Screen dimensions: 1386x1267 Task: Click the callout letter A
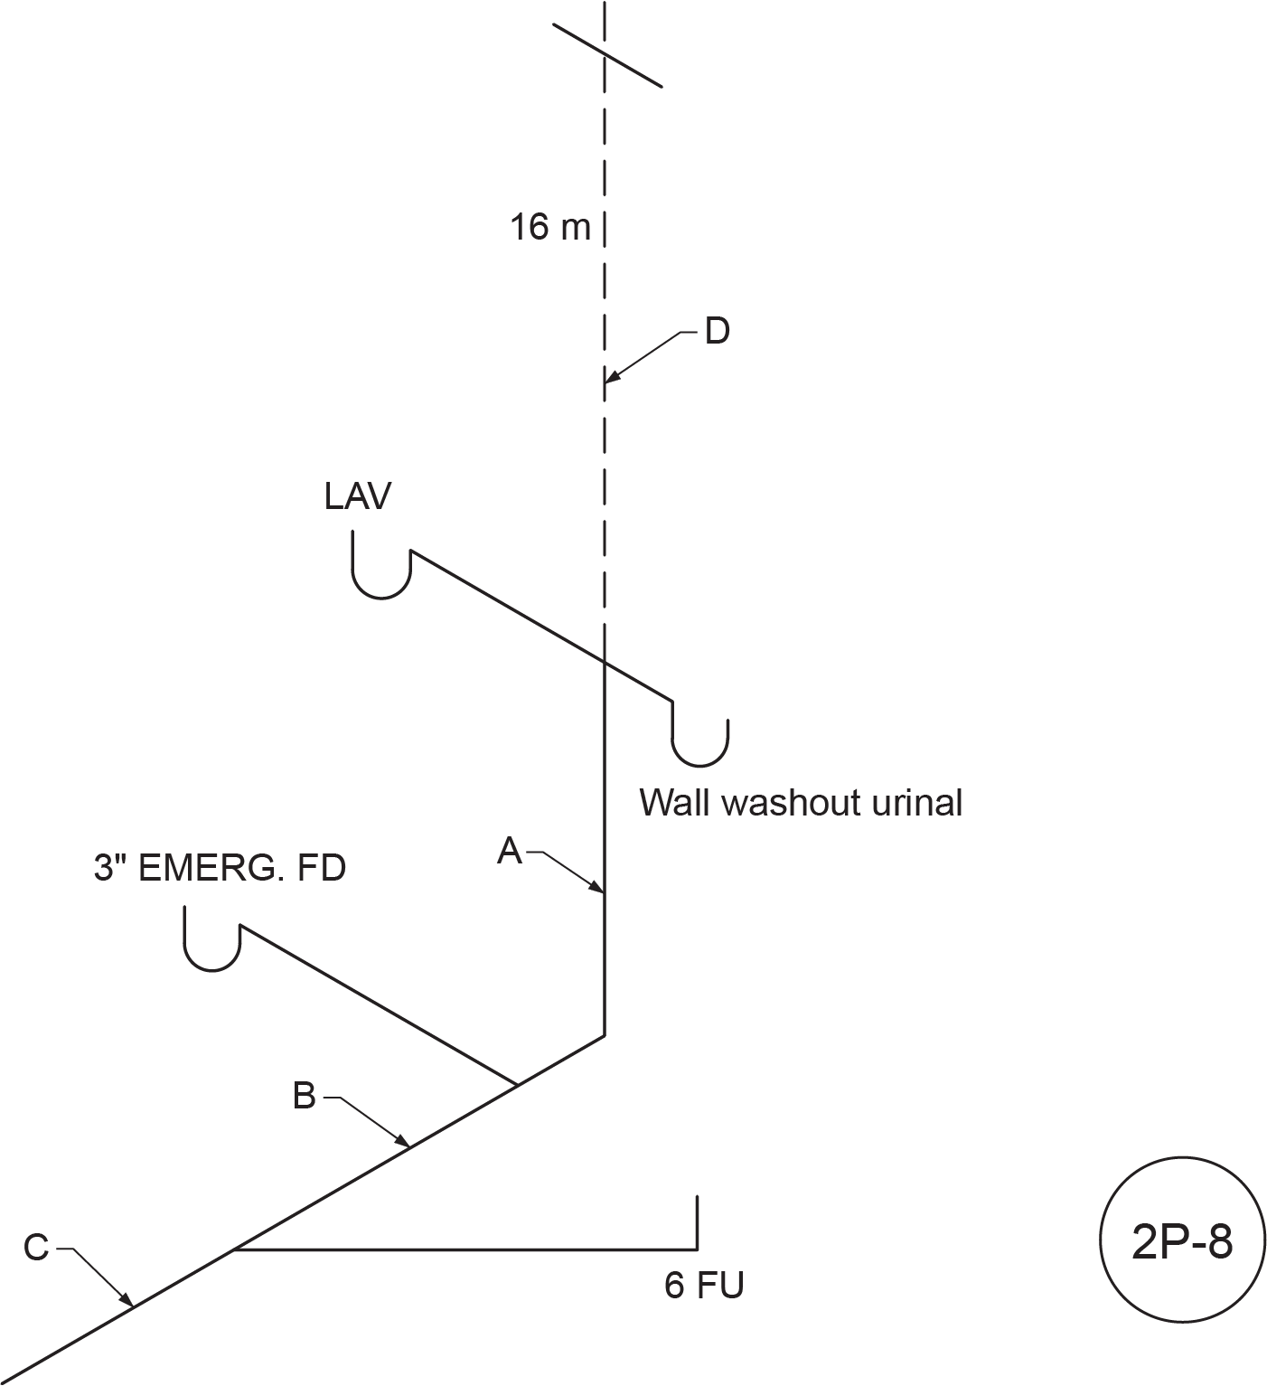pyautogui.click(x=511, y=851)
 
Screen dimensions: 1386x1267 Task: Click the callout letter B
pyautogui.click(x=305, y=1096)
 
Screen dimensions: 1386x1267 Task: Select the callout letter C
pyautogui.click(x=36, y=1249)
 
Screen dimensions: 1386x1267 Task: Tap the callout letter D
pyautogui.click(x=717, y=332)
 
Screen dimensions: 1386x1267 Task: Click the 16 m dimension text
pyautogui.click(x=549, y=227)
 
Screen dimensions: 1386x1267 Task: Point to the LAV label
pyautogui.click(x=358, y=496)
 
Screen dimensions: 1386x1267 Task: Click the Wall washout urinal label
pyautogui.click(x=801, y=803)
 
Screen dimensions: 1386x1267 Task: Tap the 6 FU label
pyautogui.click(x=704, y=1285)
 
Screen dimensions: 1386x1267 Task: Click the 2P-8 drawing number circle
pyautogui.click(x=1181, y=1243)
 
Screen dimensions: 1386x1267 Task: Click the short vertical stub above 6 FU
pyautogui.click(x=697, y=1222)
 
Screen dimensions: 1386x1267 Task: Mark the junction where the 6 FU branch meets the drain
pyautogui.click(x=234, y=1249)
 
